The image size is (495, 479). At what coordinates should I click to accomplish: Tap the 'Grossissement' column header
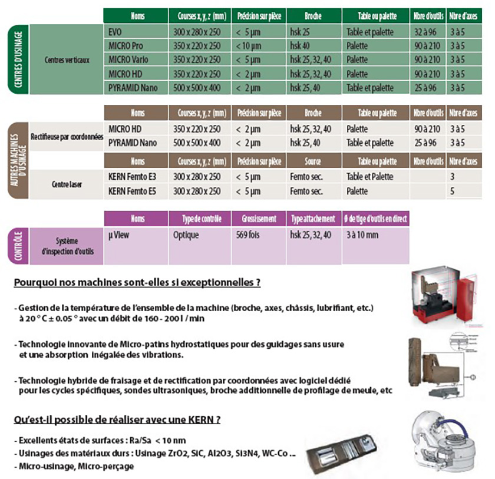pyautogui.click(x=258, y=219)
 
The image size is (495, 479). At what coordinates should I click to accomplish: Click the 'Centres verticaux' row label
pyautogui.click(x=67, y=60)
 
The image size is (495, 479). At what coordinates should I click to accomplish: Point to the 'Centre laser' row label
pyautogui.click(x=67, y=184)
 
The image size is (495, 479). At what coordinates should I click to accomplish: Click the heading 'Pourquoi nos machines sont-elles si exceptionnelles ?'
pyautogui.click(x=137, y=282)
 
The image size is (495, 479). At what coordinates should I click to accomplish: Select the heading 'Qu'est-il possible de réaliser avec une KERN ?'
pyautogui.click(x=117, y=420)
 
